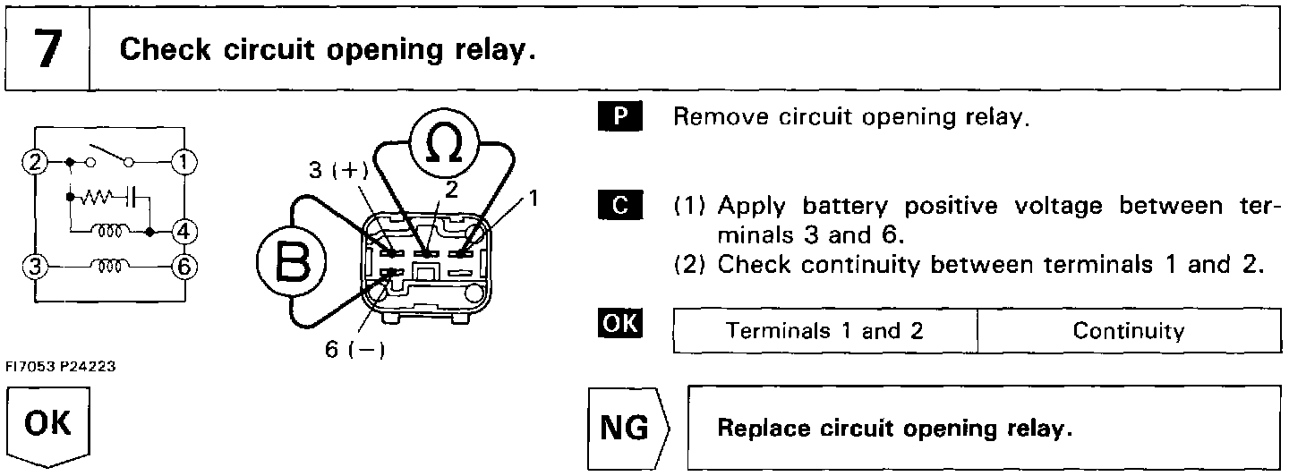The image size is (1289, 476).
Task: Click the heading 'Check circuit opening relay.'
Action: click(328, 49)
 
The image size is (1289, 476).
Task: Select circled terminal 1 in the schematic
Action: click(184, 163)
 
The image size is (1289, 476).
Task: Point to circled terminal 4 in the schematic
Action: click(184, 231)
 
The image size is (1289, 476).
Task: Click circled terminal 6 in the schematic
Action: click(184, 267)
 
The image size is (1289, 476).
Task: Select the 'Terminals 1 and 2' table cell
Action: click(824, 331)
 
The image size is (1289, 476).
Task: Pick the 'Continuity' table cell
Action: click(1128, 331)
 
